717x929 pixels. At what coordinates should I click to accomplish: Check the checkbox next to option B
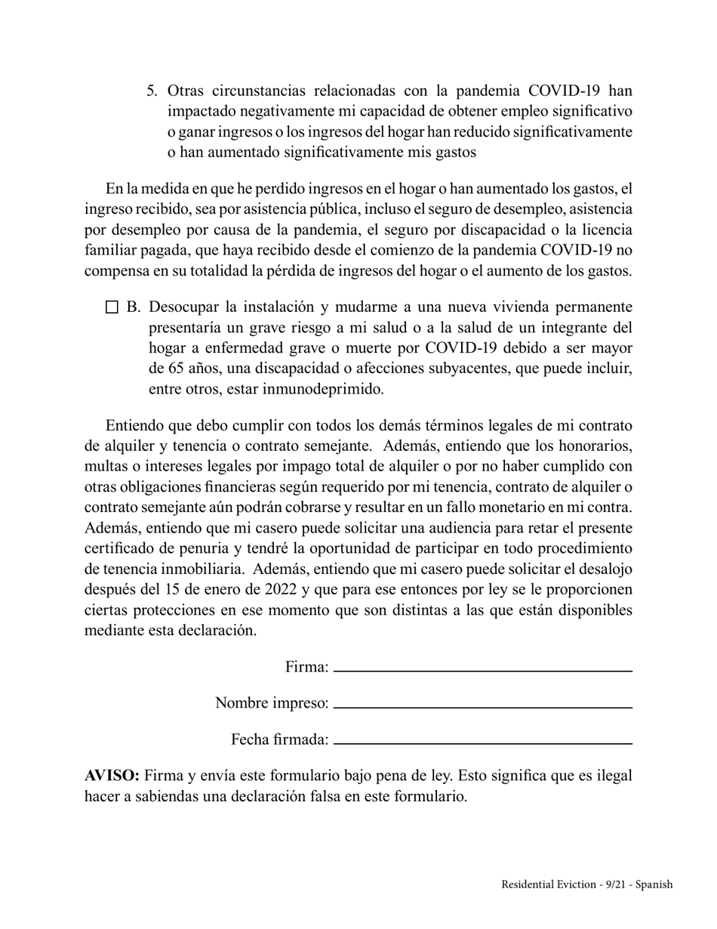pos(112,307)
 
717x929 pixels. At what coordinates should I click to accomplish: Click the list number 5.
pos(151,91)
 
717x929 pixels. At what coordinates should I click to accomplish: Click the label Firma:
pos(306,667)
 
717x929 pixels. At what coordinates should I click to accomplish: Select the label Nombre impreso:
pos(272,703)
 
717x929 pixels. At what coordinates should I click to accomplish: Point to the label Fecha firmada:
pos(279,739)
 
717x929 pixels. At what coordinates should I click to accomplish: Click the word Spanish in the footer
pos(654,884)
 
